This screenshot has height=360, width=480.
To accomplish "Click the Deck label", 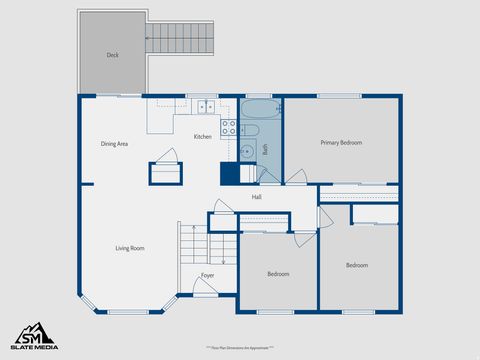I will (x=112, y=55).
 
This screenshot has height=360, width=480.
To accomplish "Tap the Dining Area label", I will (x=114, y=144).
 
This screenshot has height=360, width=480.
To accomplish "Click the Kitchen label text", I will (x=203, y=136).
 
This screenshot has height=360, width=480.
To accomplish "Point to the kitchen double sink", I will (x=206, y=106).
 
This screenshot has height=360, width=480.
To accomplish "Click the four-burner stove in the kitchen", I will (x=229, y=128).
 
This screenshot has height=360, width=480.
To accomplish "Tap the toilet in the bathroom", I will (x=250, y=130).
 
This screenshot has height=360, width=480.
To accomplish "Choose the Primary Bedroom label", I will (x=341, y=143).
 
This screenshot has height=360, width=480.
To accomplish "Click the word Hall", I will (x=257, y=197).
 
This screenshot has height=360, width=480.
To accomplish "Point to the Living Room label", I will (x=130, y=248).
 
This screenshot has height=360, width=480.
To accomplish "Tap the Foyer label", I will (x=207, y=275).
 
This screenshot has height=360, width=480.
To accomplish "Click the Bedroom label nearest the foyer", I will (x=278, y=274).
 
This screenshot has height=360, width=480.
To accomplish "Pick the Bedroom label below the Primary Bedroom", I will (x=357, y=265).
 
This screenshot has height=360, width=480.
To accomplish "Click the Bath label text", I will (x=266, y=149).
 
